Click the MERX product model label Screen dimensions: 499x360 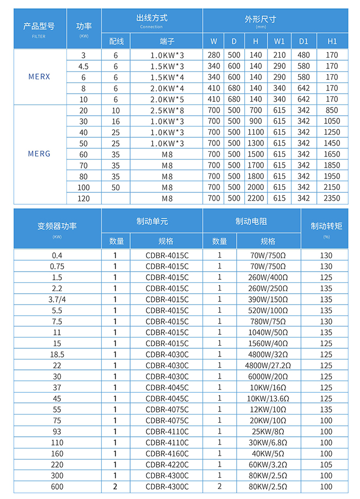(39, 77)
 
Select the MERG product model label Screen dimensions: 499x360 (39, 154)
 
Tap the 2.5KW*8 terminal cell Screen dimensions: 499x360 (167, 110)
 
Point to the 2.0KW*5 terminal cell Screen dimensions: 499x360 (167, 99)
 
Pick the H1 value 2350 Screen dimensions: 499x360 (332, 198)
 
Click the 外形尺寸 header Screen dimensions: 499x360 (260, 20)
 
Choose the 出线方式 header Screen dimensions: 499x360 (152, 19)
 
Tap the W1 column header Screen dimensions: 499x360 (279, 41)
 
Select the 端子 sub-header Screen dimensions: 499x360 (167, 41)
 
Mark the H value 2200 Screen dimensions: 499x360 (256, 198)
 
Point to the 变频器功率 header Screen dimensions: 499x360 (57, 226)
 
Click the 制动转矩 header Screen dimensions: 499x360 (326, 226)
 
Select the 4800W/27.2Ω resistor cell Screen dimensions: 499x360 (268, 365)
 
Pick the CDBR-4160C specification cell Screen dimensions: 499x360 (167, 454)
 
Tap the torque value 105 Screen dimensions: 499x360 (326, 465)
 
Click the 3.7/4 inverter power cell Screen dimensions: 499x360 (57, 299)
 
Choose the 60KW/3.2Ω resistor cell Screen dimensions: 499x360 (268, 465)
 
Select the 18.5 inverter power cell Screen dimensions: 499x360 (57, 354)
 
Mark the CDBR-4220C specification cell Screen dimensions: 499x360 (167, 465)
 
